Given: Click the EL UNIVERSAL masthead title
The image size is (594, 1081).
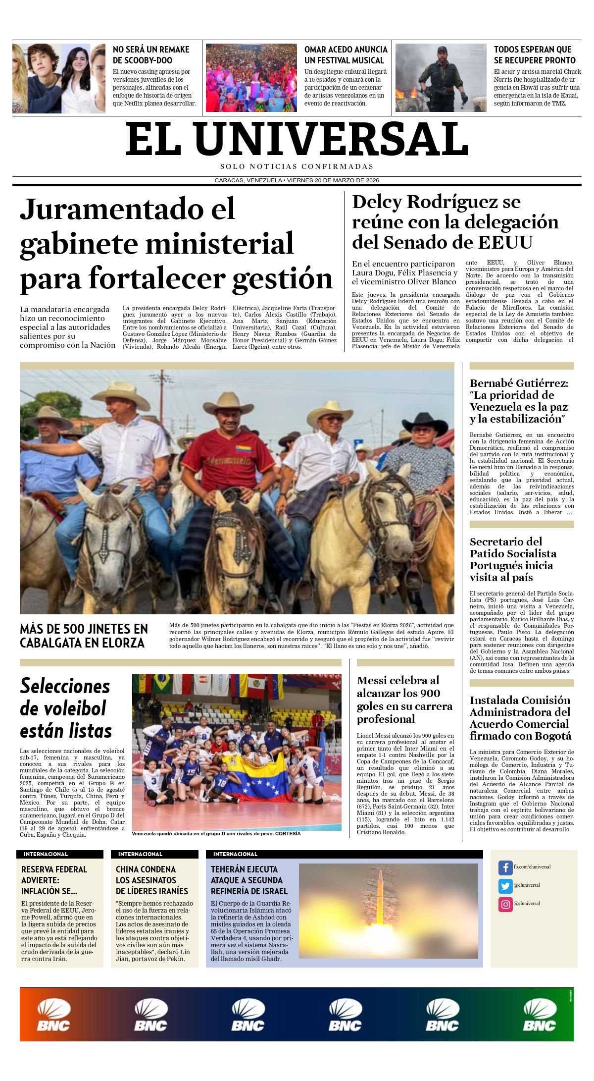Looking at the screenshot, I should click(297, 139).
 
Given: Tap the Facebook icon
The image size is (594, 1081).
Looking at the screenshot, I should click(505, 867).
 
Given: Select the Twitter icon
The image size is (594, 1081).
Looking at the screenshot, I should click(505, 886).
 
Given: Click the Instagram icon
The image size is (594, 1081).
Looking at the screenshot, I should click(505, 904).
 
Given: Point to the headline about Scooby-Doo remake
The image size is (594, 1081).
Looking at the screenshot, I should click(151, 55).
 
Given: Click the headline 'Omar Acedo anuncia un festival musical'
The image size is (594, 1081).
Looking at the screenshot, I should click(346, 55).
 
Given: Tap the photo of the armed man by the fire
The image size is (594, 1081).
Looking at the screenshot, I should click(441, 78).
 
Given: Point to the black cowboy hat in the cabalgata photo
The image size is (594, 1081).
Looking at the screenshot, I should click(424, 421).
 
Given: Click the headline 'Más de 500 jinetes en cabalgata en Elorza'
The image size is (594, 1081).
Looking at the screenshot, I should click(84, 636).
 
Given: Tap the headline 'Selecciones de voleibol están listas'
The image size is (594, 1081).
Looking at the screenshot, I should click(65, 708).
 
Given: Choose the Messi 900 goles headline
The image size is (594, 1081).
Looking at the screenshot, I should click(404, 699).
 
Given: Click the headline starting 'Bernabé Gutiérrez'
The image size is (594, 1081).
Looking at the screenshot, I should click(519, 401).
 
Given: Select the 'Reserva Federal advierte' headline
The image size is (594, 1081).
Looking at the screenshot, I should click(55, 880).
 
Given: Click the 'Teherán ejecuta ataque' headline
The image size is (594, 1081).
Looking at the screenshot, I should click(249, 880).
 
